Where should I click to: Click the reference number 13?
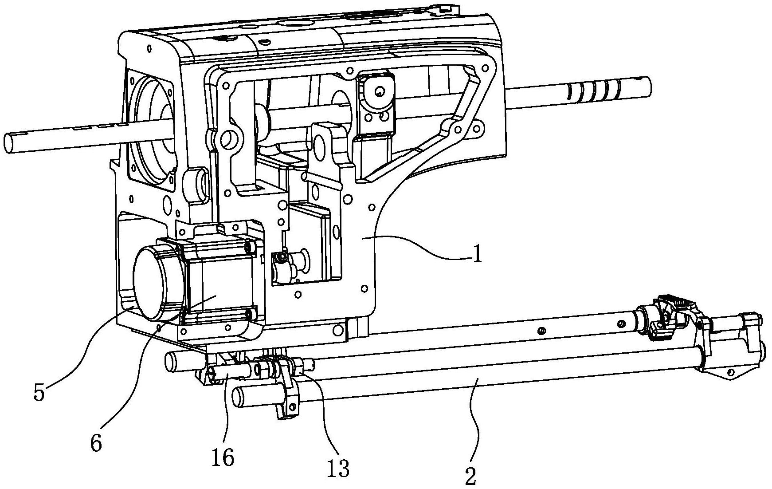338,468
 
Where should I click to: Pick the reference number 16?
223,457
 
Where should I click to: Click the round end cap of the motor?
157,283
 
